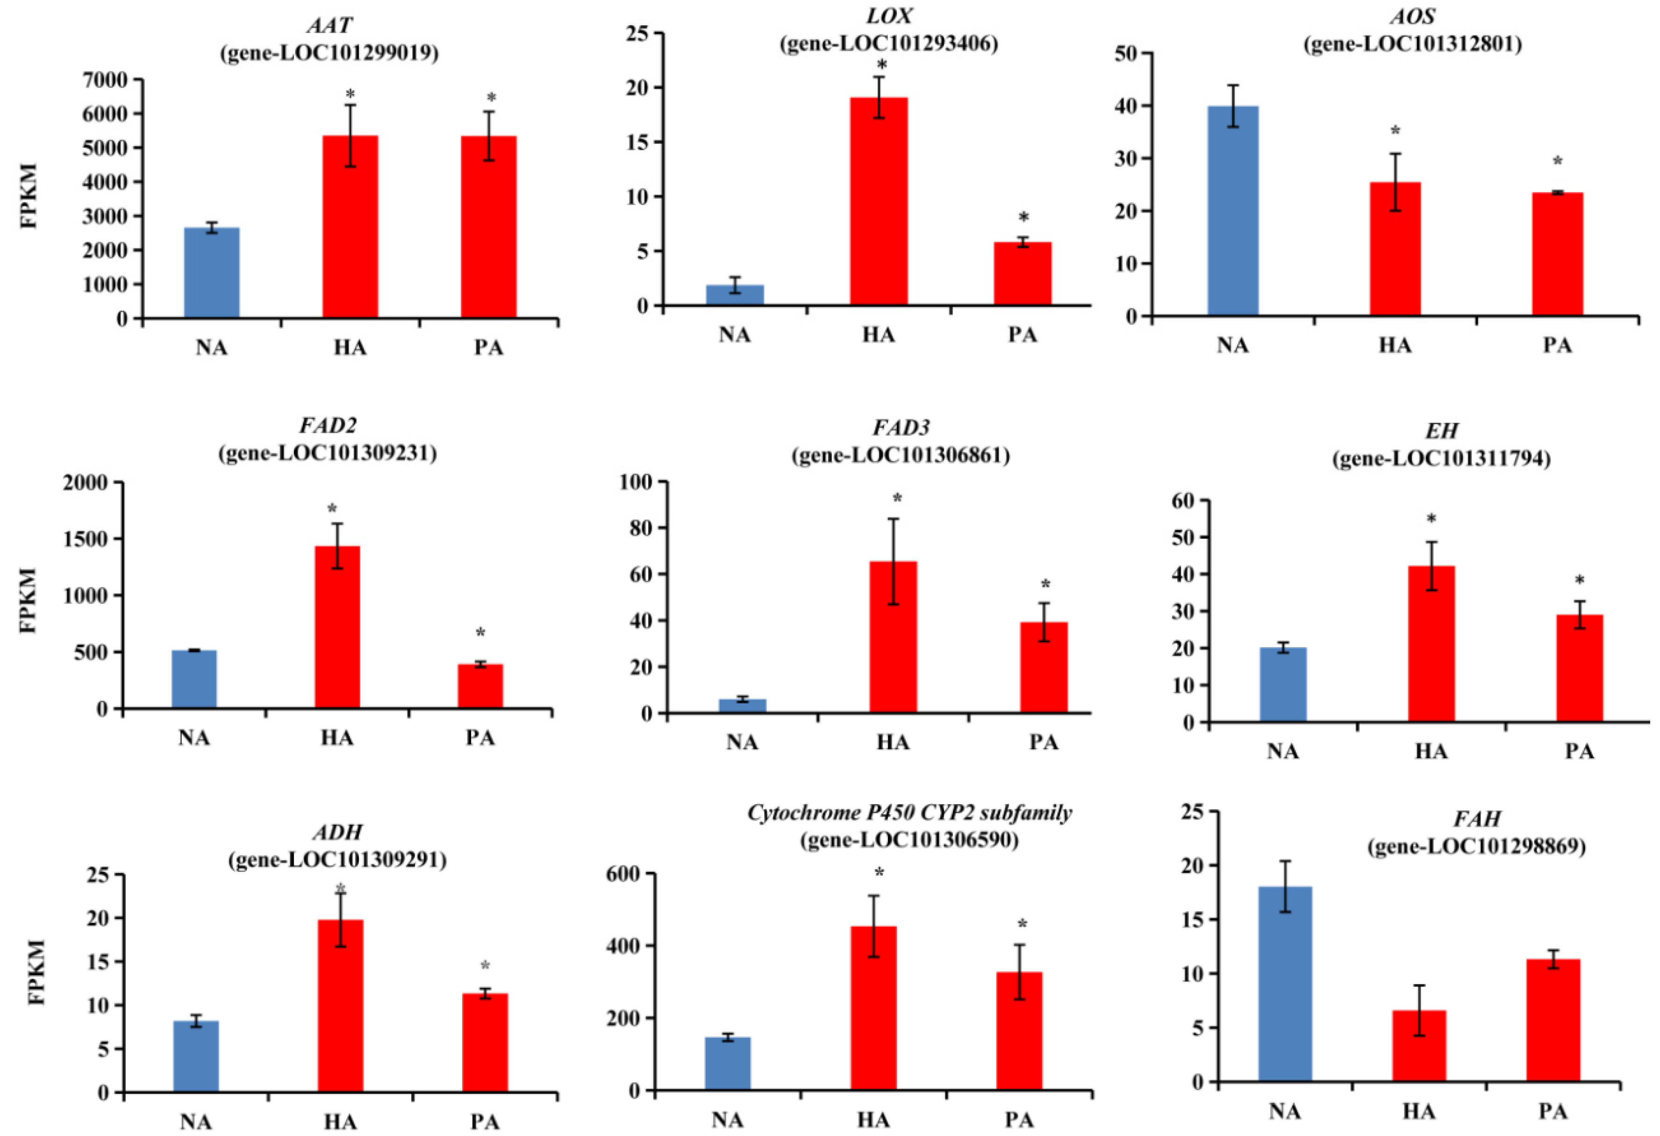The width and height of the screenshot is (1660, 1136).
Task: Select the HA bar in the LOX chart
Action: click(879, 201)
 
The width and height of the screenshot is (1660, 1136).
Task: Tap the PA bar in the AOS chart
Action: click(1557, 254)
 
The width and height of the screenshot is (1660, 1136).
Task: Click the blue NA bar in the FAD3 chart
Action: click(742, 706)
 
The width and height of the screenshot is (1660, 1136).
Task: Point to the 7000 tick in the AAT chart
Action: click(105, 80)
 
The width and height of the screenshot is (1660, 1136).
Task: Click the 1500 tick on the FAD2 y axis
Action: click(85, 539)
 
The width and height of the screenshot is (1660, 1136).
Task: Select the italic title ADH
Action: click(337, 833)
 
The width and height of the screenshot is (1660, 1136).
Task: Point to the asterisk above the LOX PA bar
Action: click(1023, 218)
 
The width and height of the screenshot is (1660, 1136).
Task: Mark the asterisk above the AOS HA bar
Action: click(1395, 131)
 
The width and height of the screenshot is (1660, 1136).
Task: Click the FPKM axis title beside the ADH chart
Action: click(36, 972)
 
